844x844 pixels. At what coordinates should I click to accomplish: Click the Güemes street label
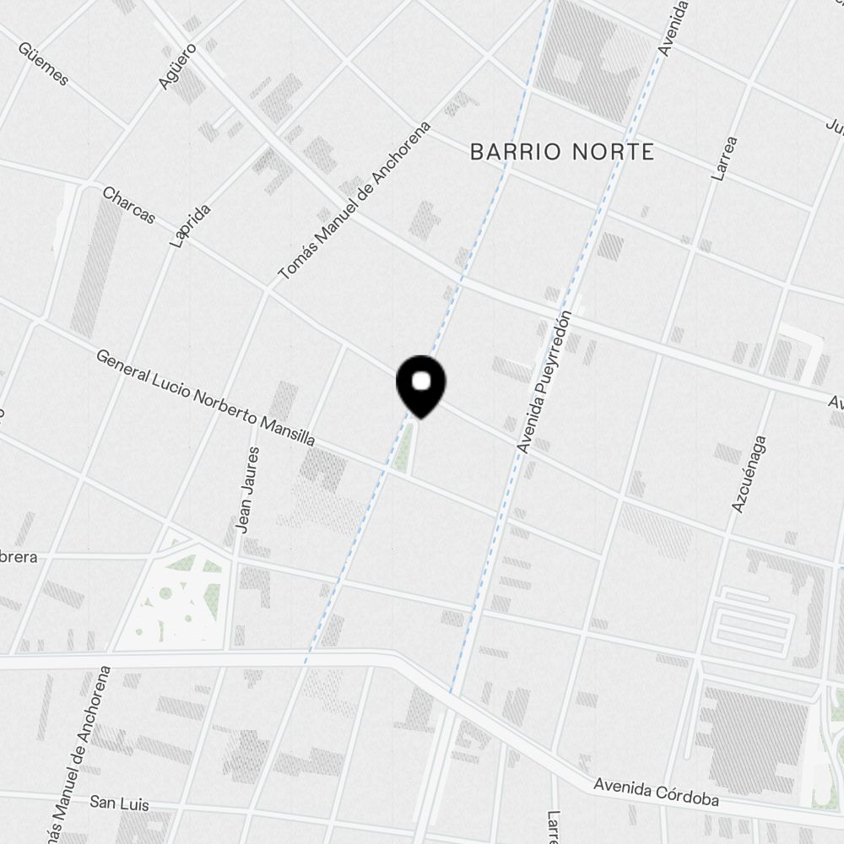pos(41,62)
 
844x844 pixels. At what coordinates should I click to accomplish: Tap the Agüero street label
pos(177,66)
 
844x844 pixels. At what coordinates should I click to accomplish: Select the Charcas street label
pos(128,205)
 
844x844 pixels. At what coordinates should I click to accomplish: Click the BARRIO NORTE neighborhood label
pos(561,152)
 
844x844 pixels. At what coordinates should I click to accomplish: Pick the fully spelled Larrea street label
pos(725,159)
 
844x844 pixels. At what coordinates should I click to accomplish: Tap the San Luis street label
pos(119,803)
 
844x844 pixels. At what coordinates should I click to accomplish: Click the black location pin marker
pos(421,384)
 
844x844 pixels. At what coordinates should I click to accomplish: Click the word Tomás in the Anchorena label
pos(289,261)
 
